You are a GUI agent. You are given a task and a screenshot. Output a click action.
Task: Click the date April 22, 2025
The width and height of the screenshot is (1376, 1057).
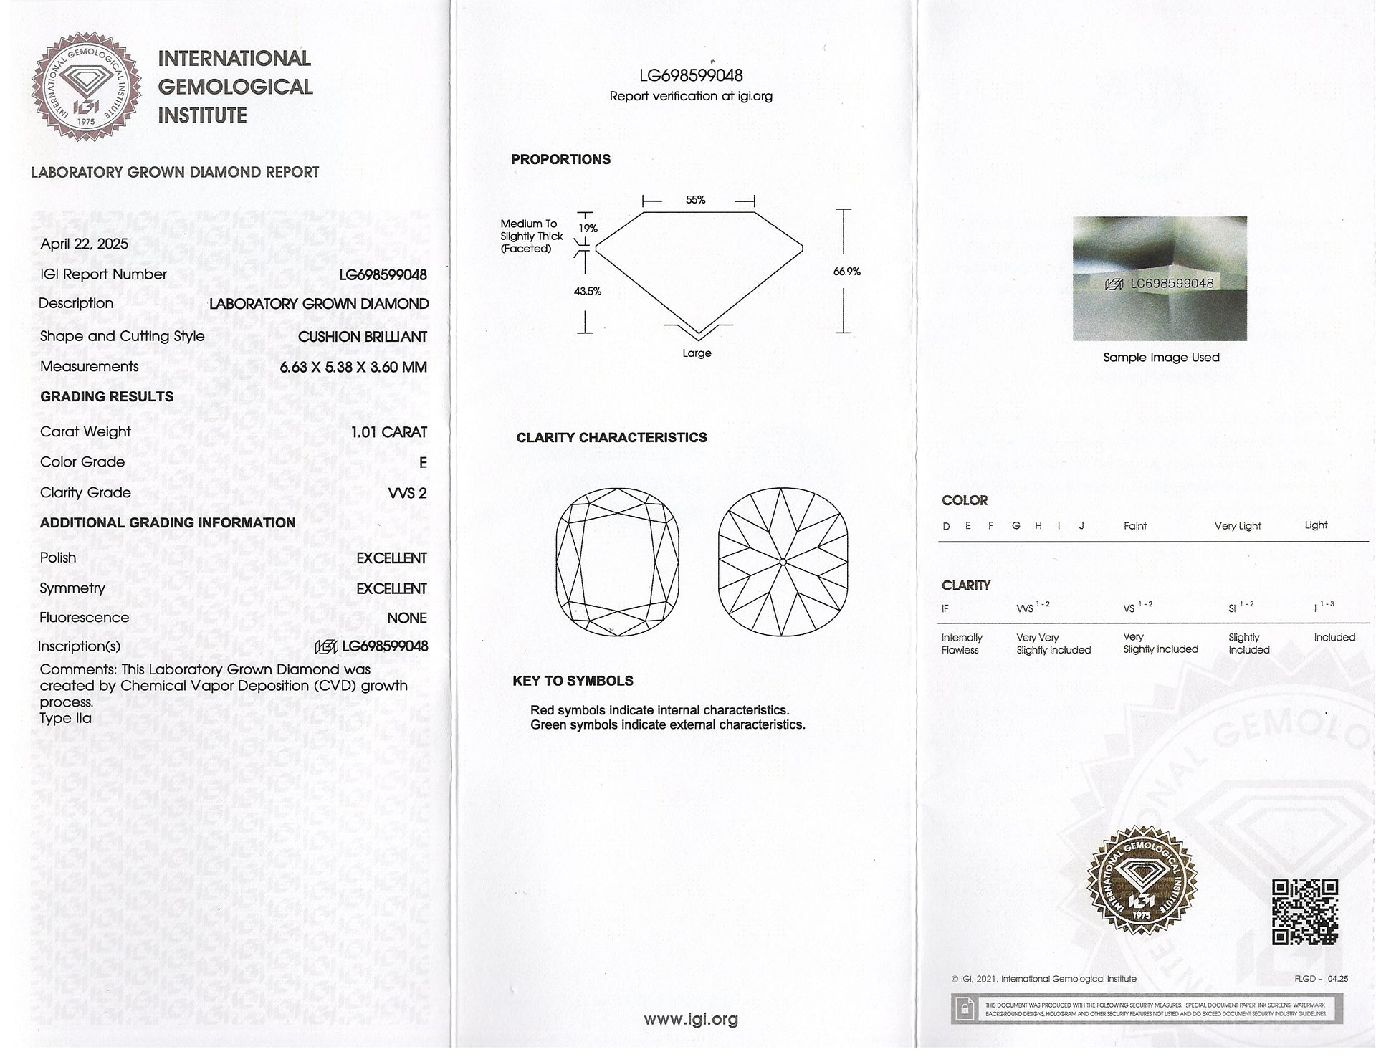coord(85,244)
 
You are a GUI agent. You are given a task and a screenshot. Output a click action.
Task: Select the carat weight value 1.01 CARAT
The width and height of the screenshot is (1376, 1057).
coord(388,432)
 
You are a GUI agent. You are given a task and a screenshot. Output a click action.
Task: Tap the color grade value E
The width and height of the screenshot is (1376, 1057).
coord(423,463)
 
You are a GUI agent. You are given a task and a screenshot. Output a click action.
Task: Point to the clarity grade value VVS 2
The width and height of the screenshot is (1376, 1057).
coord(407,493)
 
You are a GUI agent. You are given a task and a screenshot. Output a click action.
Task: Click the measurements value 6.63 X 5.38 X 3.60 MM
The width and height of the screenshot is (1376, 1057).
coord(353,367)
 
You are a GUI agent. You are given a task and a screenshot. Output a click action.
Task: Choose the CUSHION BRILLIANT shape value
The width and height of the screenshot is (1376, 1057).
coord(362,337)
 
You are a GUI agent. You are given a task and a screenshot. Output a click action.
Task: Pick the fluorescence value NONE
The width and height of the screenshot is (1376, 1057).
coord(406,618)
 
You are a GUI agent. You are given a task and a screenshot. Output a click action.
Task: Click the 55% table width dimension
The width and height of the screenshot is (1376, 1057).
coord(695,200)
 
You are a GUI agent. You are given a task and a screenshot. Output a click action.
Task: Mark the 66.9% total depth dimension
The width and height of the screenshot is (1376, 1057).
coord(846,272)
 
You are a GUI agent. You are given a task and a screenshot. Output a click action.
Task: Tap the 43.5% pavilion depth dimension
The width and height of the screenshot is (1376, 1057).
coord(588,292)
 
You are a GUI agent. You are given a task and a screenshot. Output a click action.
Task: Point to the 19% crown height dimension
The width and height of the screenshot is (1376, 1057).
coord(588,229)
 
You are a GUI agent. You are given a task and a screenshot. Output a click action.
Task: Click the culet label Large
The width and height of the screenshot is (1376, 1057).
coord(697,353)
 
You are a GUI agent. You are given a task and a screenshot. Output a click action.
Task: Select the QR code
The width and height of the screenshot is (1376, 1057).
coord(1304,912)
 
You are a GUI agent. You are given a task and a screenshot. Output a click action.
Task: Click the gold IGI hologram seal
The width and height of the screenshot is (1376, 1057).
coord(1142,881)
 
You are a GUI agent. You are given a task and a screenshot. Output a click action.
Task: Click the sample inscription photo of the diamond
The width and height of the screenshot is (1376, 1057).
coord(1160,278)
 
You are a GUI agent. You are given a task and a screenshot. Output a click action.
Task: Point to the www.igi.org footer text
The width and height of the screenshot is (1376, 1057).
coord(691,1019)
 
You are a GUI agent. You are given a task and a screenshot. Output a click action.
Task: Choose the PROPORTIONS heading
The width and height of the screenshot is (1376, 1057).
coord(560,160)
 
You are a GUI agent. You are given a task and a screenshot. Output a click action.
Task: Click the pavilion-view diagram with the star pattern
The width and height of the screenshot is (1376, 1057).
coord(783,561)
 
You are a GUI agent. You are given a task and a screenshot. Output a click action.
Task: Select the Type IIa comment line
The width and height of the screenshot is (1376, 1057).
coord(66,718)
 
